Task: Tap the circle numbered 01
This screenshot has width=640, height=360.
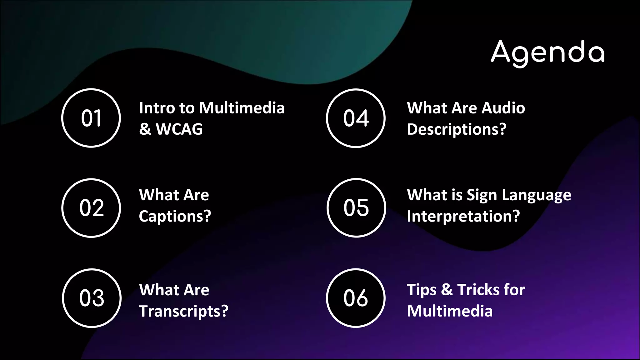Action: pyautogui.click(x=91, y=118)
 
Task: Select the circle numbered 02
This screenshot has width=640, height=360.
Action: pyautogui.click(x=91, y=208)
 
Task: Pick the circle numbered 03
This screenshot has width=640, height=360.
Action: pyautogui.click(x=92, y=298)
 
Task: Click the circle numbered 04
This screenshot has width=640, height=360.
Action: pyautogui.click(x=356, y=118)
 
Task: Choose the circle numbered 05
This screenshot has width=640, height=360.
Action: pyautogui.click(x=356, y=208)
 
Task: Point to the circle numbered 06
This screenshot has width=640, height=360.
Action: pyautogui.click(x=356, y=298)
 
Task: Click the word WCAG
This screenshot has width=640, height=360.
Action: pyautogui.click(x=179, y=129)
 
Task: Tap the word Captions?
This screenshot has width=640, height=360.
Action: pyautogui.click(x=175, y=216)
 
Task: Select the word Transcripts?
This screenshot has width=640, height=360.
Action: pyautogui.click(x=184, y=311)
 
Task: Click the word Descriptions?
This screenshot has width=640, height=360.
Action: pyautogui.click(x=457, y=129)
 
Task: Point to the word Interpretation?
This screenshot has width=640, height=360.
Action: pyautogui.click(x=463, y=216)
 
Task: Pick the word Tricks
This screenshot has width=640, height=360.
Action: pyautogui.click(x=478, y=290)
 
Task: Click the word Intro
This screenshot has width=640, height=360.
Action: pyautogui.click(x=157, y=108)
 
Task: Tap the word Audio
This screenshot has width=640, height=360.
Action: pyautogui.click(x=503, y=108)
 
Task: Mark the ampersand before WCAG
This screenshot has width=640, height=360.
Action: pyautogui.click(x=145, y=129)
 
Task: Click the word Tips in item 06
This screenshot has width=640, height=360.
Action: pyautogui.click(x=422, y=290)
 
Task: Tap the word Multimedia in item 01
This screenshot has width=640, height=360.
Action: pyautogui.click(x=242, y=108)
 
